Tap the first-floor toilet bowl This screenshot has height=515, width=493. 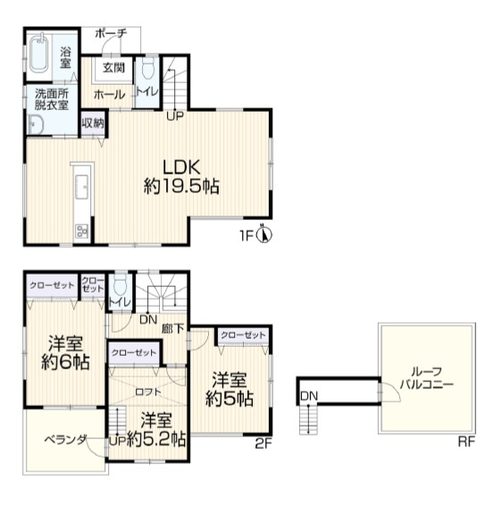148,69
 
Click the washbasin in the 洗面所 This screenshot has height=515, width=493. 36,125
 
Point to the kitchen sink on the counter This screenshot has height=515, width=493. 81,187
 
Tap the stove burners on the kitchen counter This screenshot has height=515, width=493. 82,232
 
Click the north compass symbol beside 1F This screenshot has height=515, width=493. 263,234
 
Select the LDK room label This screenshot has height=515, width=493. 181,167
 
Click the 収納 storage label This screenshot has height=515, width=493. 93,122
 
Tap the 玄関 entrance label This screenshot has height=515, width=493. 113,68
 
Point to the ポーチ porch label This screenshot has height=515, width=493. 111,33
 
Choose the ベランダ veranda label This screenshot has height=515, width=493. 66,439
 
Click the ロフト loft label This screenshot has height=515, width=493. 148,392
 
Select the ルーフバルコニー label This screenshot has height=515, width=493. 426,378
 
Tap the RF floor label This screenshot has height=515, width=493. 466,442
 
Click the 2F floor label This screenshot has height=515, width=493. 263,444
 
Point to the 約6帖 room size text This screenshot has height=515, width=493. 65,362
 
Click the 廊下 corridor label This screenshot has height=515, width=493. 173,328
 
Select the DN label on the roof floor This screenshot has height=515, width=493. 309,396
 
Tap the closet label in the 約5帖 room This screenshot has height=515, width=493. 243,335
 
